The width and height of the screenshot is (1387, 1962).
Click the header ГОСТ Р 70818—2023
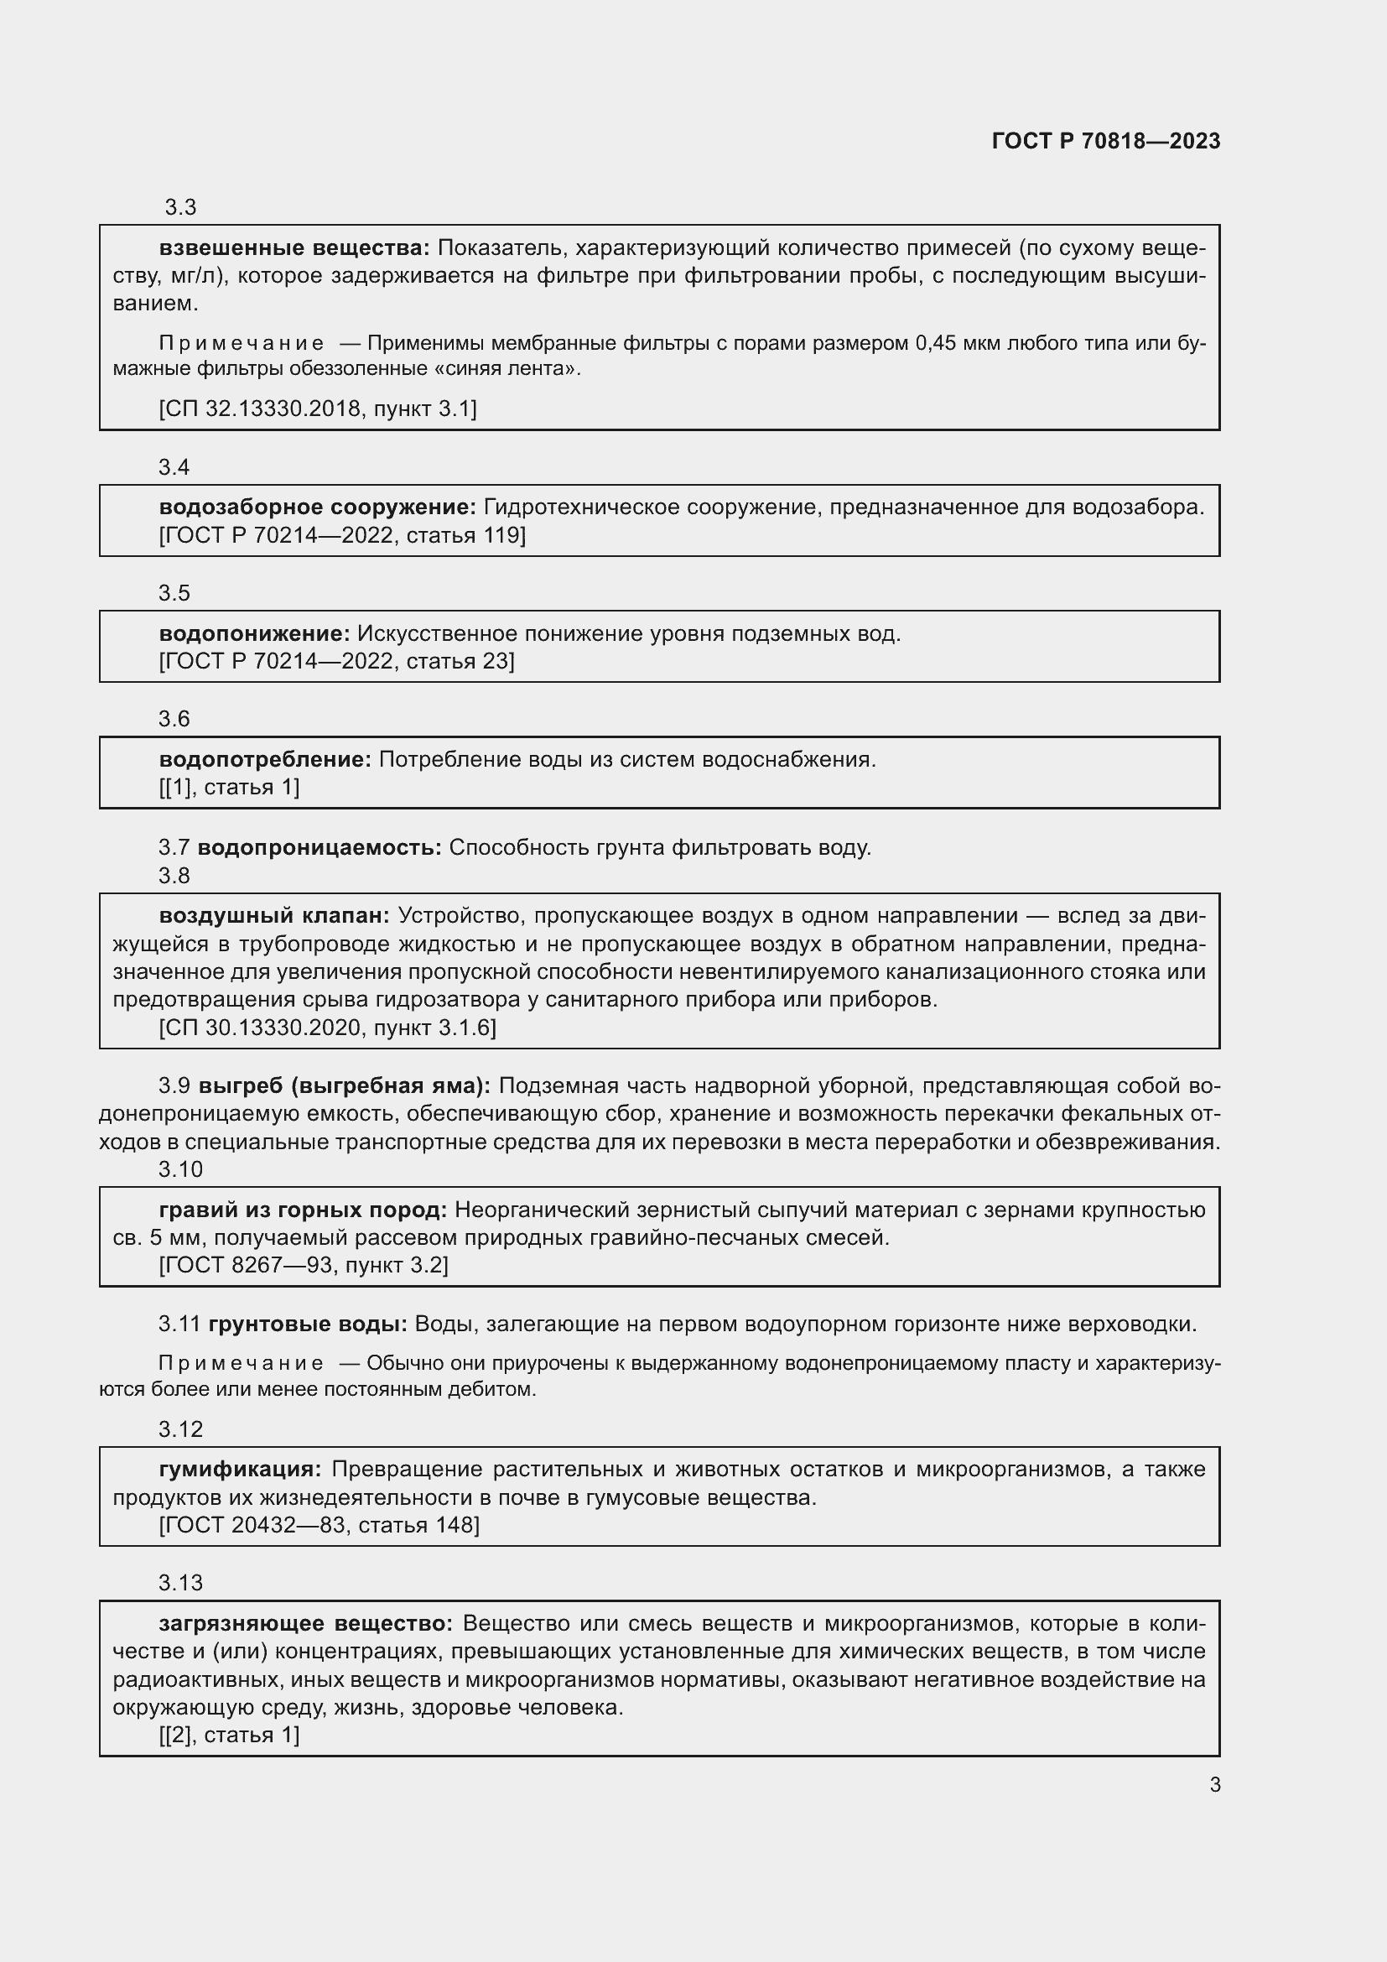click(1105, 141)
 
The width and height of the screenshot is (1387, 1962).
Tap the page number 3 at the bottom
click(1214, 1784)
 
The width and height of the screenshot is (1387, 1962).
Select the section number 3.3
click(180, 207)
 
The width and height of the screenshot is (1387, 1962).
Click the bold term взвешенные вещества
click(294, 247)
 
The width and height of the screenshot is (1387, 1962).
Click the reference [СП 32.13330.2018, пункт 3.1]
click(318, 409)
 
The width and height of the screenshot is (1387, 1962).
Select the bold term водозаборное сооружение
click(317, 507)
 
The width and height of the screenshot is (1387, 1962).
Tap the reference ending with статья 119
click(341, 535)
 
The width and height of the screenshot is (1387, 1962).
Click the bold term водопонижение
click(253, 633)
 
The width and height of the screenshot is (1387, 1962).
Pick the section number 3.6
click(174, 719)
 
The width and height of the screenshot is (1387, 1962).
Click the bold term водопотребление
click(265, 759)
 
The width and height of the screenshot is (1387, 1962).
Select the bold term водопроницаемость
click(319, 847)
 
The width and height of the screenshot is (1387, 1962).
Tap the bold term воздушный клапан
click(273, 915)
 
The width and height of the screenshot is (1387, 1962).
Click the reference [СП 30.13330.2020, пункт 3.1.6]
click(327, 1028)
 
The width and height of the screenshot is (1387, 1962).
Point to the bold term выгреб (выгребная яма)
click(344, 1085)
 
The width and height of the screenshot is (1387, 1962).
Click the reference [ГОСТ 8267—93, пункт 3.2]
click(304, 1265)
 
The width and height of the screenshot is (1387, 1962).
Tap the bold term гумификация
click(239, 1469)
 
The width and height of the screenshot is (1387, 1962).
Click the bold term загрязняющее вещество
click(305, 1623)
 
